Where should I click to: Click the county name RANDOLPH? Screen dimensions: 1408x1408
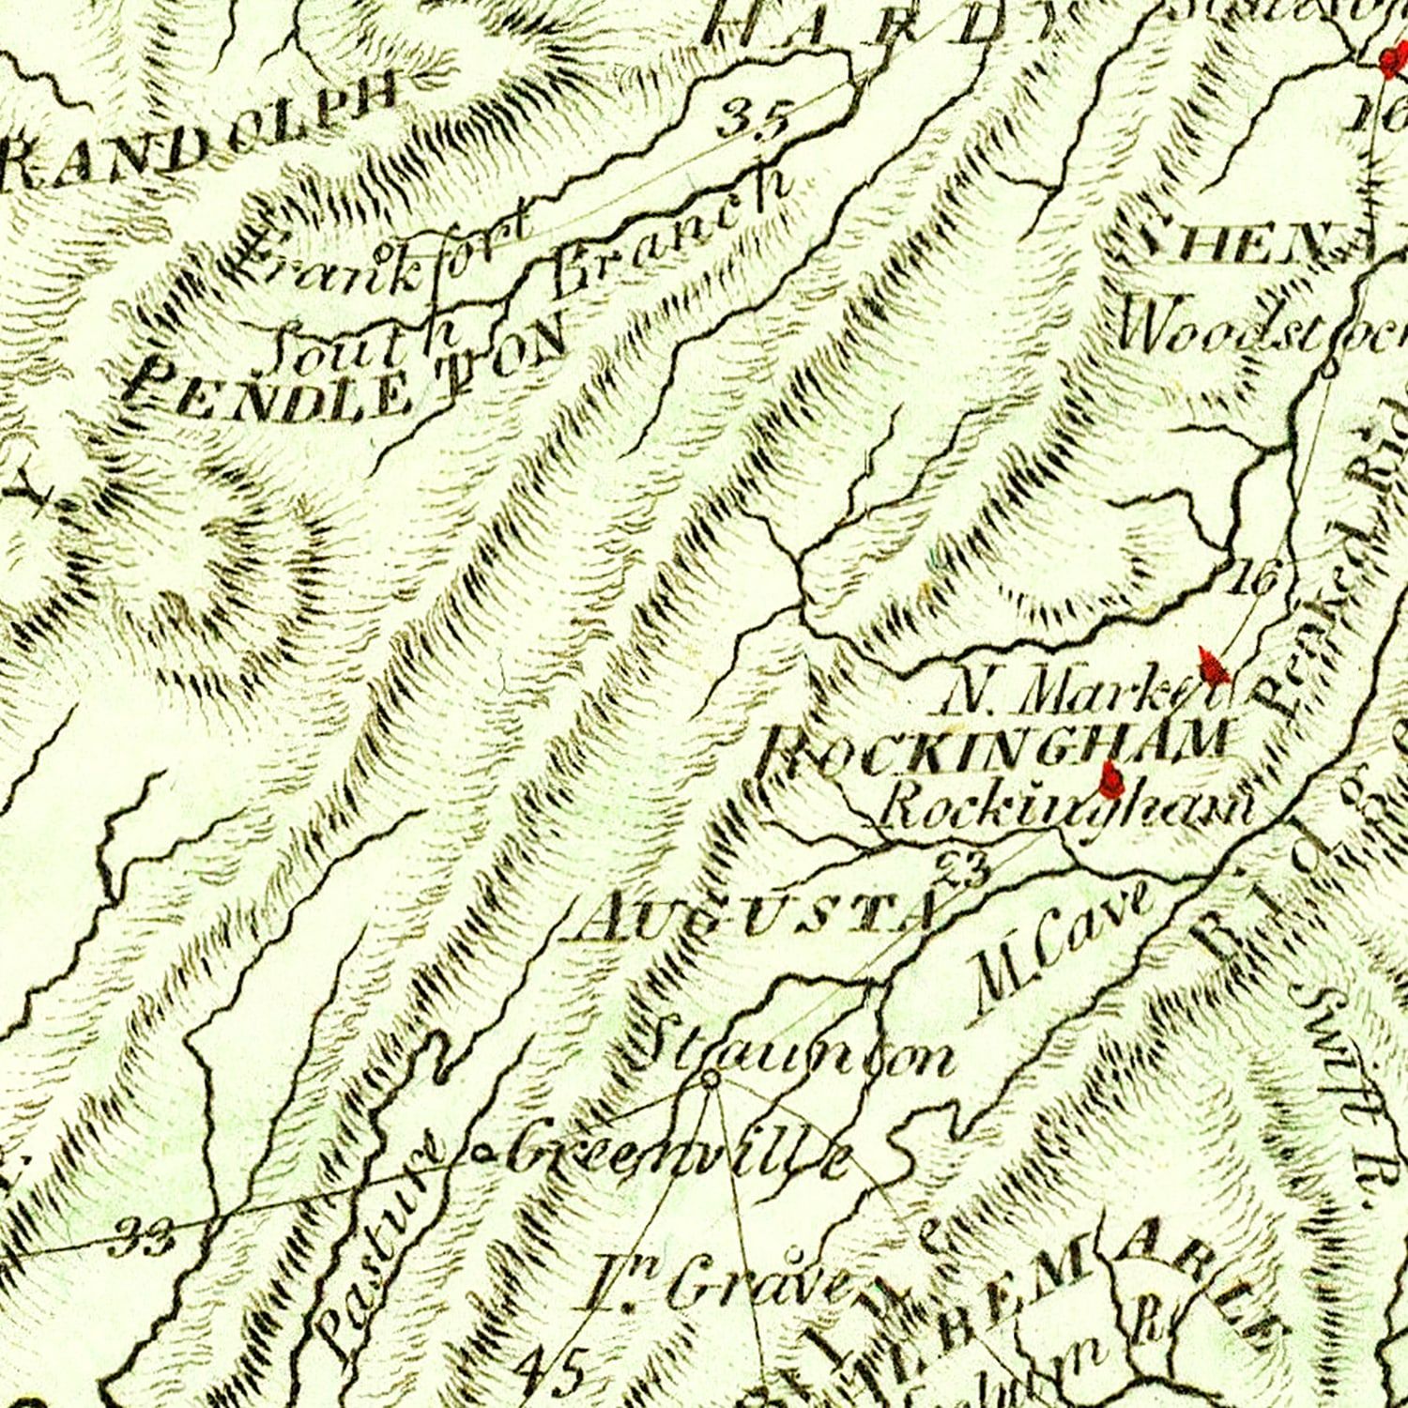[202, 131]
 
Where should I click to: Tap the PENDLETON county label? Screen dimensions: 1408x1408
[347, 371]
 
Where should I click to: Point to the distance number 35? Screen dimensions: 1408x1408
[757, 120]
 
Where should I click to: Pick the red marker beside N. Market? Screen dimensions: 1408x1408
[1214, 666]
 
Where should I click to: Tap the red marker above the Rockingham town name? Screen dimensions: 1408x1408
[1112, 777]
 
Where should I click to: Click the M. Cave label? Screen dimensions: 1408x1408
[1061, 953]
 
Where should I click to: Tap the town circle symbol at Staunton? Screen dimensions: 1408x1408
[711, 1080]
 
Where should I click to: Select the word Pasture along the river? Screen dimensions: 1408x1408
[375, 1248]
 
